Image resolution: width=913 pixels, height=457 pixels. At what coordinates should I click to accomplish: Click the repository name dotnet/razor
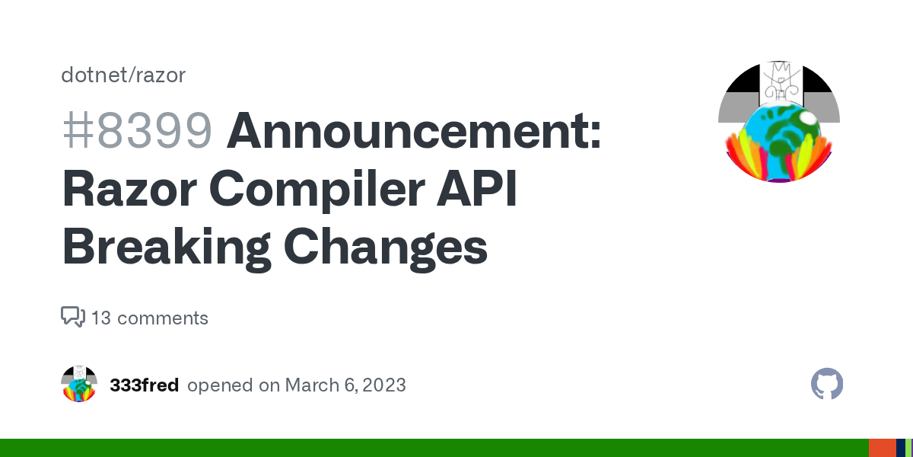[123, 75]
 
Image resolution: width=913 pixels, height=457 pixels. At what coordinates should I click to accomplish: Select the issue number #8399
[137, 130]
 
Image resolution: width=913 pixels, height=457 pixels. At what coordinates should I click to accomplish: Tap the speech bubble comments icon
[72, 317]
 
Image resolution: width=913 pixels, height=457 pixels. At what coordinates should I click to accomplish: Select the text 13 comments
[150, 318]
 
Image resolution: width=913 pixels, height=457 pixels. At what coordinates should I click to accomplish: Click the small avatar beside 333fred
[79, 385]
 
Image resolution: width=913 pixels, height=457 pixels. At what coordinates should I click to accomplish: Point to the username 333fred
[145, 385]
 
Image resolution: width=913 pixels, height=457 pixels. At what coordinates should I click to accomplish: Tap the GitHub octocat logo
[827, 385]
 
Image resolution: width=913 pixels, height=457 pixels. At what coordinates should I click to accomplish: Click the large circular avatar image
[778, 122]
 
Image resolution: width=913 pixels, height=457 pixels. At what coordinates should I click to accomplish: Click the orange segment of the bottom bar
[881, 448]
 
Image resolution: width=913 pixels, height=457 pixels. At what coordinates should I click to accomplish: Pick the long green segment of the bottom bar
[434, 448]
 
